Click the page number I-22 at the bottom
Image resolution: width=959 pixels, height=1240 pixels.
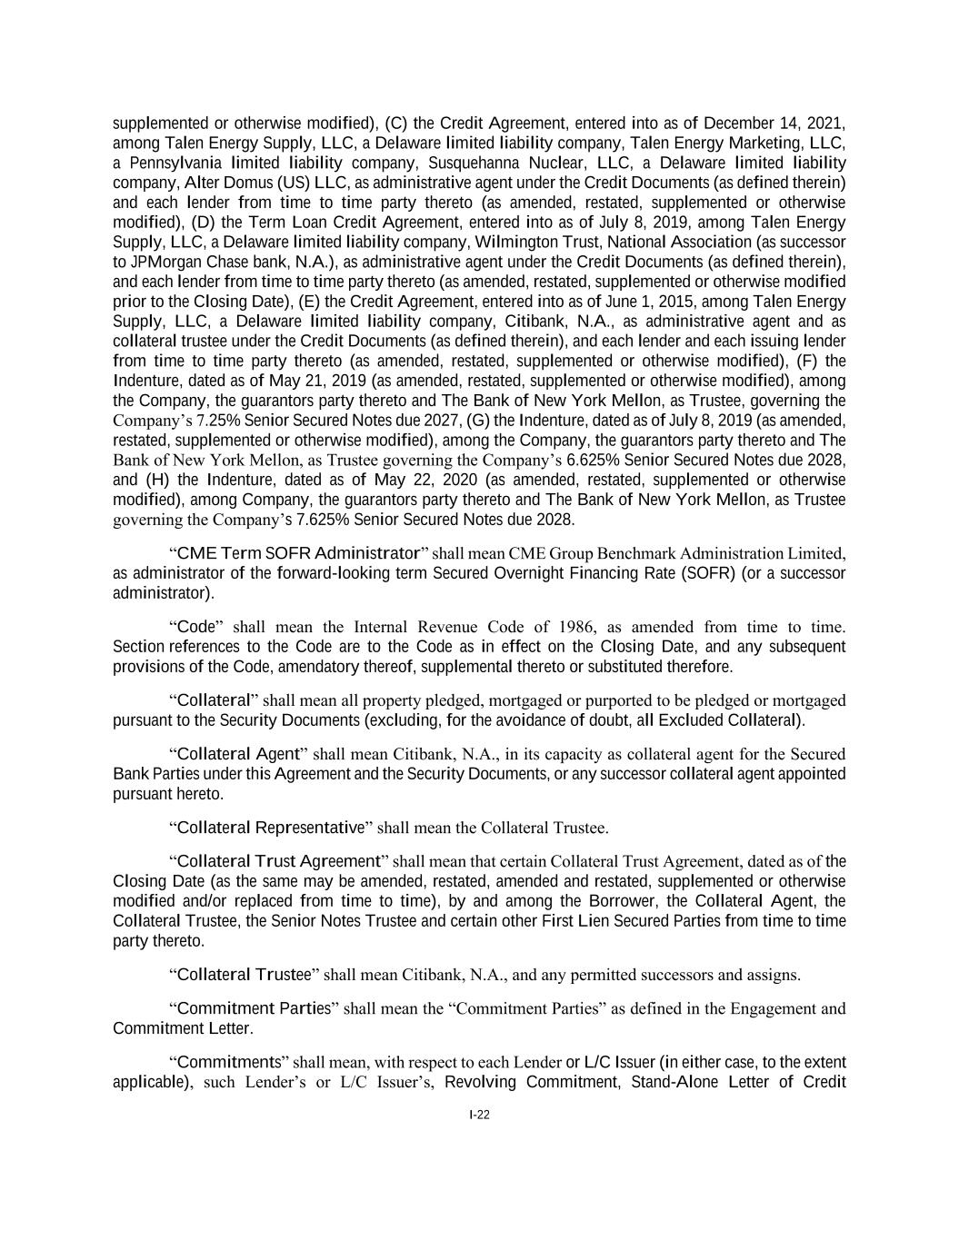pyautogui.click(x=479, y=1116)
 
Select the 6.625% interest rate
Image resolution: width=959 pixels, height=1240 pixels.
pyautogui.click(x=594, y=460)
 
